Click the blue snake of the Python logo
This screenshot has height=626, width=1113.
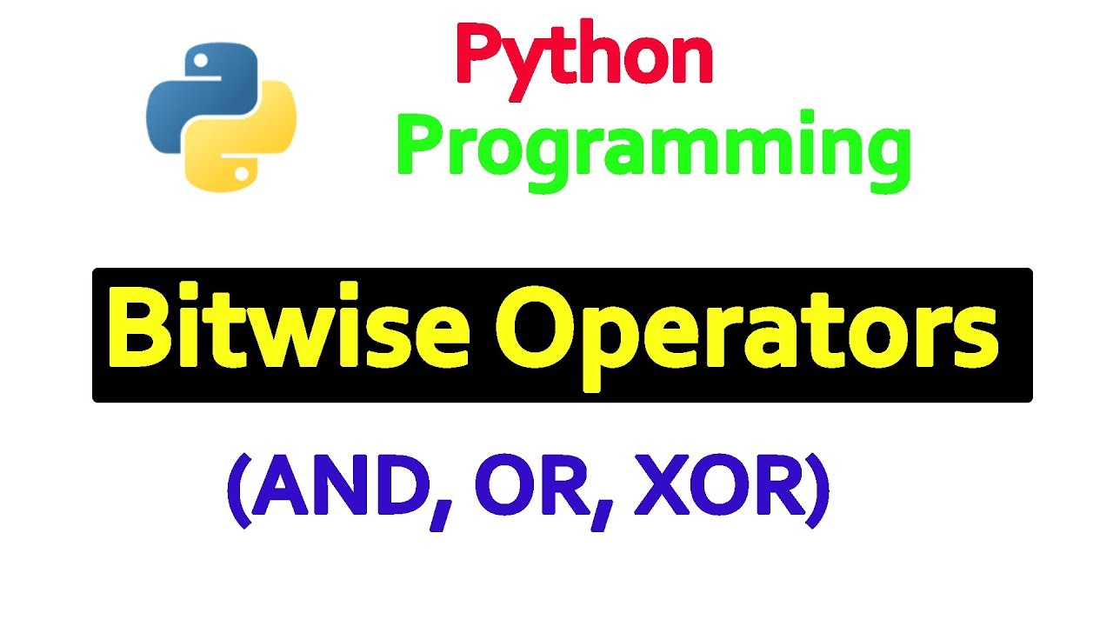point(187,96)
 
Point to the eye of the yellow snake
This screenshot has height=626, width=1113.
point(241,174)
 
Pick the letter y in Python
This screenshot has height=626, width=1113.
point(531,65)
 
